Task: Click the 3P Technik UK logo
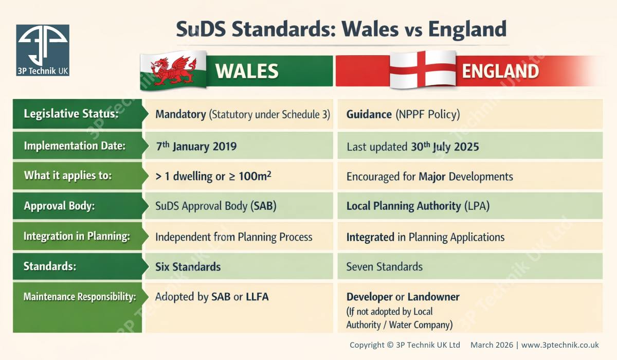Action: coord(43,50)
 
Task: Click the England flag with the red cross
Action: coord(422,69)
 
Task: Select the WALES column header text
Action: coord(247,71)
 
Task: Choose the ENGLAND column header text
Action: coord(500,71)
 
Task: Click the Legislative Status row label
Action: coord(71,114)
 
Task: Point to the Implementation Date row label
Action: coord(75,146)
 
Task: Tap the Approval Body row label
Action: coord(60,206)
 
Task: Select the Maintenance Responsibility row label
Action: coord(80,297)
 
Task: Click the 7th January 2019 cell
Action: coord(196,146)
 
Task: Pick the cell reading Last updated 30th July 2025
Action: coord(412,147)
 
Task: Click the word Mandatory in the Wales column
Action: coord(180,114)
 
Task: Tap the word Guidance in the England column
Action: coord(369,114)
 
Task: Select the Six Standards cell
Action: coord(188,267)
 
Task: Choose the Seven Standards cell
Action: coord(384,267)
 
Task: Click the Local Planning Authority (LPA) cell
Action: coord(418,206)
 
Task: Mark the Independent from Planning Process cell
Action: coord(233,237)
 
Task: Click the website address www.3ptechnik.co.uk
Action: coord(560,345)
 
